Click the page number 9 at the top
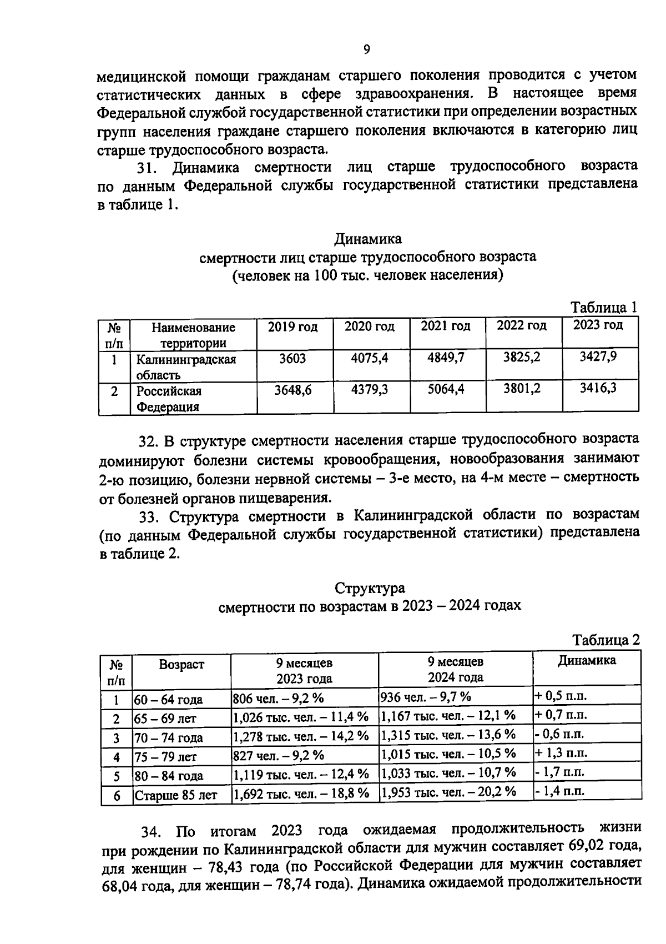tap(366, 50)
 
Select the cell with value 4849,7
tap(446, 358)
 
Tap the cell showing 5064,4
tap(446, 390)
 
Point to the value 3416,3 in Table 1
tap(598, 388)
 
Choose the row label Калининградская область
tap(186, 367)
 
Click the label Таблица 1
tap(604, 308)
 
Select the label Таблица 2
tap(606, 640)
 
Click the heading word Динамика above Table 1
tap(367, 239)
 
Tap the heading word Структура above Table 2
tap(370, 588)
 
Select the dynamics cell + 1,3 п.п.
tap(561, 754)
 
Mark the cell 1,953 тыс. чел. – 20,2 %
tap(448, 792)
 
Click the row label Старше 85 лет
tap(176, 795)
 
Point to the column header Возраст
tap(181, 665)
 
